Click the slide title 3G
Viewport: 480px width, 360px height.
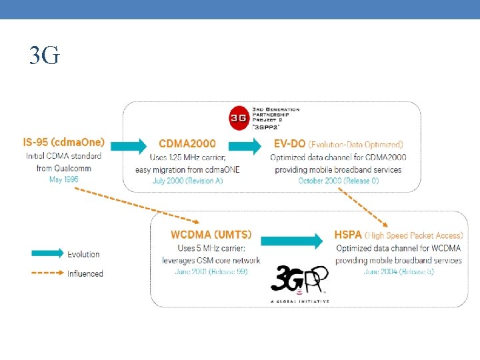[x=45, y=56]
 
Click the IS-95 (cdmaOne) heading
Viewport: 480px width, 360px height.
[x=63, y=143]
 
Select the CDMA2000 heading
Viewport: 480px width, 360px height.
[x=187, y=143]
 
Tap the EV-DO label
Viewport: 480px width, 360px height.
[x=286, y=143]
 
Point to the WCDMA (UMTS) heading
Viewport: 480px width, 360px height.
[x=211, y=235]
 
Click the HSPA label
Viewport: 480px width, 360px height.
[x=348, y=235]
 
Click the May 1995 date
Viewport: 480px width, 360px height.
[x=64, y=180]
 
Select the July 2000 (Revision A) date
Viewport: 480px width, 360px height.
[x=187, y=181]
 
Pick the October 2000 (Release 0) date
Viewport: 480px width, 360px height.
[x=338, y=181]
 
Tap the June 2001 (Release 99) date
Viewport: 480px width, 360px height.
[x=211, y=272]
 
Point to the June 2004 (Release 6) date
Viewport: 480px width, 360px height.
[x=399, y=272]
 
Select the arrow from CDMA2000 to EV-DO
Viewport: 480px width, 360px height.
[x=245, y=145]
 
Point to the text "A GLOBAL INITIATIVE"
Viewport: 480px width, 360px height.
[x=299, y=301]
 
